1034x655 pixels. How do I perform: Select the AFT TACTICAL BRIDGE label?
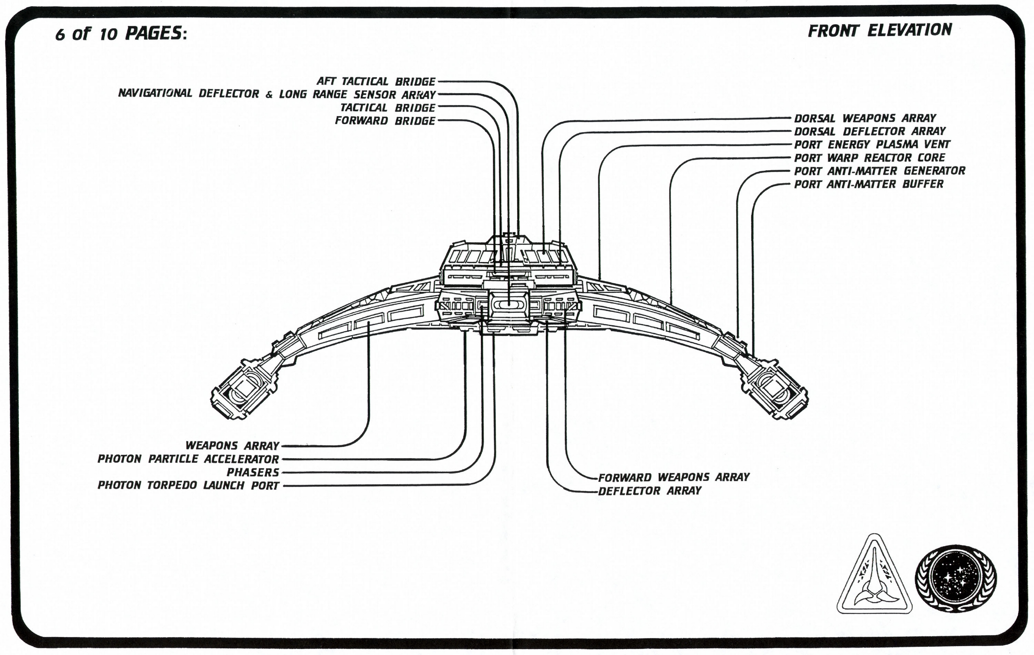[376, 81]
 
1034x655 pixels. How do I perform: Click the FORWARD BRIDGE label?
[385, 120]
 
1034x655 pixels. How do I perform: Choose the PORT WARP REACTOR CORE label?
[870, 158]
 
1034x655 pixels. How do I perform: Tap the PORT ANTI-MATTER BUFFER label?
[869, 184]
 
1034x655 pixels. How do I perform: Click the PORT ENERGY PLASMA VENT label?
[872, 144]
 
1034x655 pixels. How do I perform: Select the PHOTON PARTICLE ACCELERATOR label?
[188, 459]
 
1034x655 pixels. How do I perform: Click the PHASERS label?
[253, 472]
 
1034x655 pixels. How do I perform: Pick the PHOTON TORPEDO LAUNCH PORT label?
[188, 485]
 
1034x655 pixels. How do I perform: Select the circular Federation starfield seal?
[956, 578]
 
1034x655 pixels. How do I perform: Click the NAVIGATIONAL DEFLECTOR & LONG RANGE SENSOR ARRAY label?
[277, 94]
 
